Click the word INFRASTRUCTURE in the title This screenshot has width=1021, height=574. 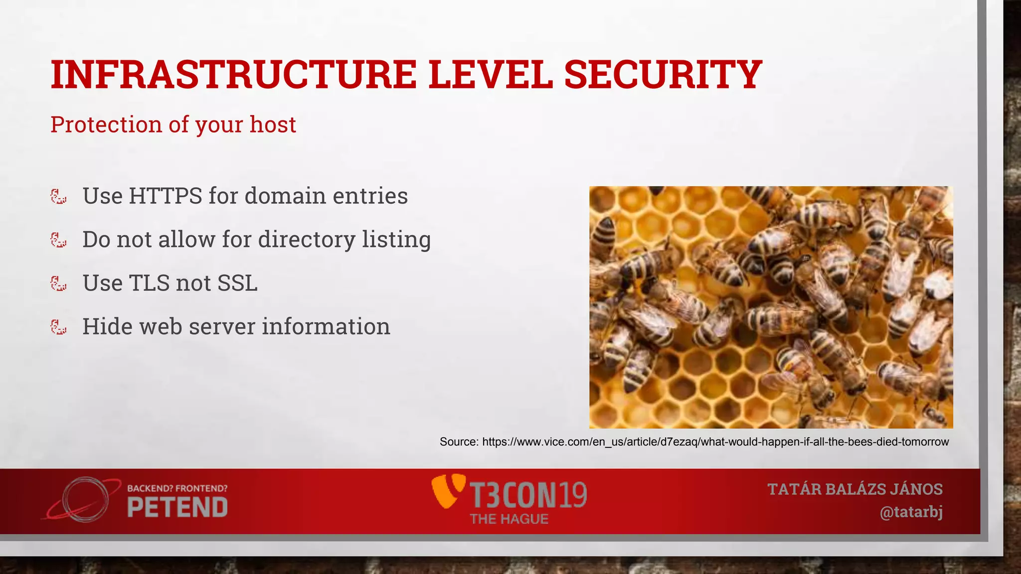tap(233, 75)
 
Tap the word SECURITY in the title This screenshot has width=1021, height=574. tap(663, 75)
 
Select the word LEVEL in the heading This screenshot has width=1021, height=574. tap(490, 75)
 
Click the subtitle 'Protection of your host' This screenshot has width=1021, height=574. tap(173, 125)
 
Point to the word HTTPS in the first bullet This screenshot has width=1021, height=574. tap(165, 196)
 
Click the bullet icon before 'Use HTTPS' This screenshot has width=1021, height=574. tap(58, 196)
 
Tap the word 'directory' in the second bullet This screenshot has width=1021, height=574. tap(306, 240)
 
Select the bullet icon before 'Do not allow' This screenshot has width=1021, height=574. tap(58, 240)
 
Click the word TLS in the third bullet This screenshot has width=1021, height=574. tap(149, 283)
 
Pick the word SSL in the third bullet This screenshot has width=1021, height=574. tap(237, 283)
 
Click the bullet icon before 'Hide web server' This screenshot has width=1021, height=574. tap(58, 327)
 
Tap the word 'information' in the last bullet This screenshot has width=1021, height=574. tap(326, 327)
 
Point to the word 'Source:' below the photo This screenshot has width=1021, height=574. tap(459, 442)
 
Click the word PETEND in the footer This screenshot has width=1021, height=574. tap(177, 508)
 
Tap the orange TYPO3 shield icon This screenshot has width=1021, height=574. tap(447, 491)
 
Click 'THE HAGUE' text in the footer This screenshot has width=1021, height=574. tap(509, 519)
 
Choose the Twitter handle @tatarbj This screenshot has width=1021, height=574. tap(911, 512)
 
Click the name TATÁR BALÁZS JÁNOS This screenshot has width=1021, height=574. tap(855, 489)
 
